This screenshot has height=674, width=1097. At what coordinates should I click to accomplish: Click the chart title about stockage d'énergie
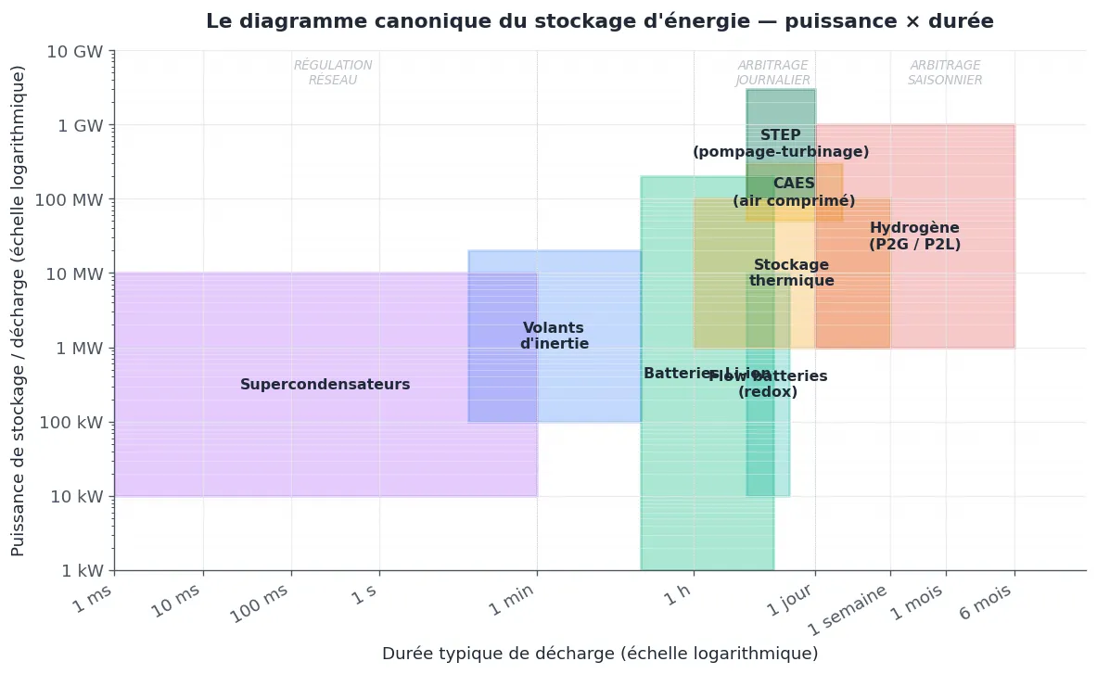[x=599, y=21]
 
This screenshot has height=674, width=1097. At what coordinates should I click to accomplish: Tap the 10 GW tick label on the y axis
[x=74, y=51]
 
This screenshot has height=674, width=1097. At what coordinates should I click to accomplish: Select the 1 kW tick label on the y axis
[x=79, y=571]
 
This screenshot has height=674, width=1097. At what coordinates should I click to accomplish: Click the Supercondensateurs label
[x=325, y=385]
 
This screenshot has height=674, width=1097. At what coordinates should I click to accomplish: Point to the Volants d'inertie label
[x=554, y=336]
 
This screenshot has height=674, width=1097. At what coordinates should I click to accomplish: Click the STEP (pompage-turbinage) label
[x=781, y=144]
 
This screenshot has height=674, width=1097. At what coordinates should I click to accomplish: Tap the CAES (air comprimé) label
[x=794, y=193]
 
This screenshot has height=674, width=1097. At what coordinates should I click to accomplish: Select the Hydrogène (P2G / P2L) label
[x=914, y=236]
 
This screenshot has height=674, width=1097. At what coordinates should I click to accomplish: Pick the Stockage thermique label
[x=791, y=273]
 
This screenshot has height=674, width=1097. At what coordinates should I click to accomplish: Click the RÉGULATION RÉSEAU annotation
[x=333, y=73]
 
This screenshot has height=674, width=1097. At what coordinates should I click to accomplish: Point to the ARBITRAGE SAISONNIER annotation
[x=945, y=73]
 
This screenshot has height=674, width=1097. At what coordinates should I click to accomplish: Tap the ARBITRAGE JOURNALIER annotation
[x=773, y=73]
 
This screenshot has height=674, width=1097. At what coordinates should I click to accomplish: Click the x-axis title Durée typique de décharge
[x=600, y=654]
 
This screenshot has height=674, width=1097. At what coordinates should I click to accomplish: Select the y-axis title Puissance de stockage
[x=19, y=311]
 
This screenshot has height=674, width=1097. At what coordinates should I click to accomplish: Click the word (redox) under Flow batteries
[x=768, y=392]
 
